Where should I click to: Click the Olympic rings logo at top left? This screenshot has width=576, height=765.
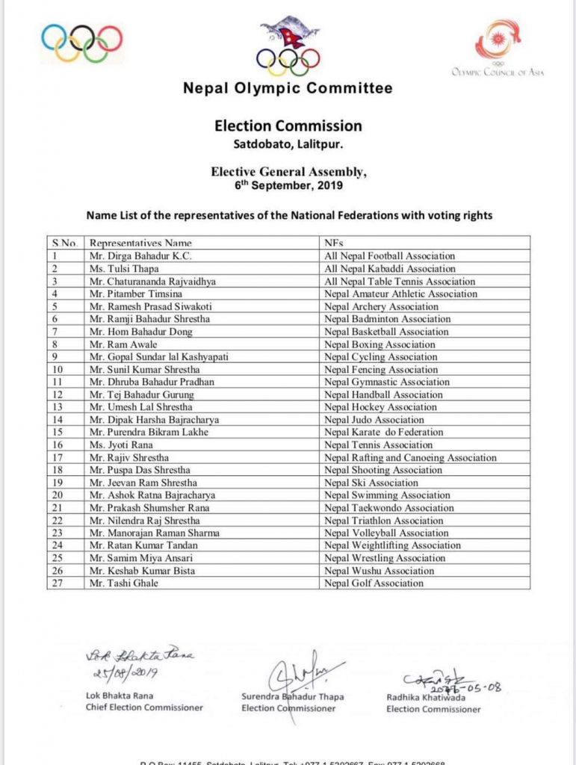pos(82,43)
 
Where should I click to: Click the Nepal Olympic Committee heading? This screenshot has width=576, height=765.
pos(288,88)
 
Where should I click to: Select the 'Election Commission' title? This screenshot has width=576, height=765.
pos(288,126)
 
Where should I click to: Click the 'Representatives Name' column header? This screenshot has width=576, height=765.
pos(140,243)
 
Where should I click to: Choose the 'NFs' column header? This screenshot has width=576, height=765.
pos(334,243)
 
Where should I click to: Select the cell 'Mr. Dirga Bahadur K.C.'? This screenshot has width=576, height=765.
pos(140,255)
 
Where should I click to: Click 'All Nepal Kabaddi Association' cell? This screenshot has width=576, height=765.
pos(390,268)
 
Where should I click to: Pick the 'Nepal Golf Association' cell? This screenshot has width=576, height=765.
pos(374,583)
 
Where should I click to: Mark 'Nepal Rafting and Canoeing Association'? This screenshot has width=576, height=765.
pos(410,457)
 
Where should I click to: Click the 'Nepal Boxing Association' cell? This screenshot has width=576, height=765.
pos(380,344)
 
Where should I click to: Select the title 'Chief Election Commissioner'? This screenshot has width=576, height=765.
pos(143,707)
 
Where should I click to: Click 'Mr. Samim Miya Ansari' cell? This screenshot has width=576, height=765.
pos(140,558)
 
